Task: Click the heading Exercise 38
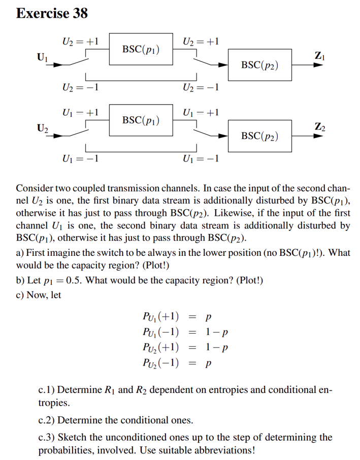tap(52, 13)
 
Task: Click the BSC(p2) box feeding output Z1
tap(259, 65)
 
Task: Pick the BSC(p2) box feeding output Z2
tap(259, 136)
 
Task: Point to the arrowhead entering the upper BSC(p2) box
tap(223, 65)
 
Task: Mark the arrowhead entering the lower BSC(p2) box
tap(223, 136)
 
